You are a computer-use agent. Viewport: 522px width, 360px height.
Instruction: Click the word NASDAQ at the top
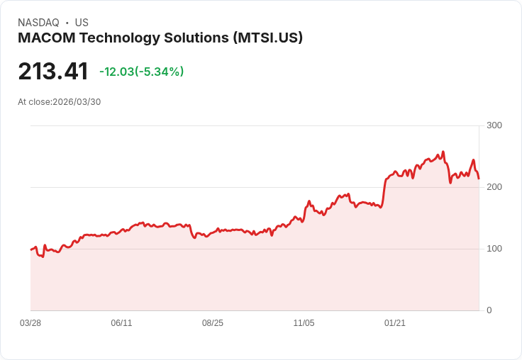coord(38,23)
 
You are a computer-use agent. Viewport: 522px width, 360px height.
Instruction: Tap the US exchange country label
coord(82,23)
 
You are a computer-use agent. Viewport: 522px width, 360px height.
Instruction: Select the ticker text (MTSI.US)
coord(268,38)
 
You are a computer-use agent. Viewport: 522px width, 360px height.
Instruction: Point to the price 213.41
coord(53,72)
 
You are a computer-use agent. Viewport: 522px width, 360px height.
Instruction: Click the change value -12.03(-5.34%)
coord(141,72)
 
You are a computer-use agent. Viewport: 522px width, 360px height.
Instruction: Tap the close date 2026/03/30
coord(77,102)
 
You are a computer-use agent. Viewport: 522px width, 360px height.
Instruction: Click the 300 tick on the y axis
coord(494,125)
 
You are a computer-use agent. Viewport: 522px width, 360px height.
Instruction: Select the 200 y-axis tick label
coord(494,187)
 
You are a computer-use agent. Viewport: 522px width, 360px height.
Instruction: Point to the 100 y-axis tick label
coord(494,249)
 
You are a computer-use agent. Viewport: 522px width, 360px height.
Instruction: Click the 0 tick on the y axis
coord(489,310)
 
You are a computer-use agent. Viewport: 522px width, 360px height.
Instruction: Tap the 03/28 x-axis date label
coord(30,323)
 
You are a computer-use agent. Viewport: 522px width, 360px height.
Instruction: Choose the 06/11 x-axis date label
coord(121,323)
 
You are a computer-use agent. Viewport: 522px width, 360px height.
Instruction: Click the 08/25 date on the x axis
coord(213,323)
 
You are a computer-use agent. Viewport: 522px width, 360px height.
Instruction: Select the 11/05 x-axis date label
coord(304,323)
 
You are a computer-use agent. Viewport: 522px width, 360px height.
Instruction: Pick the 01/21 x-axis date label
coord(395,323)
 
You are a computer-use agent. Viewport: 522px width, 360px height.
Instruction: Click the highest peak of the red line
coord(443,152)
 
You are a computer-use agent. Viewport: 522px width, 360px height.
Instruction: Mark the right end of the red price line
coord(479,178)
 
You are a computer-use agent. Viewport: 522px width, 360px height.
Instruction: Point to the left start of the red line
coord(31,249)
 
